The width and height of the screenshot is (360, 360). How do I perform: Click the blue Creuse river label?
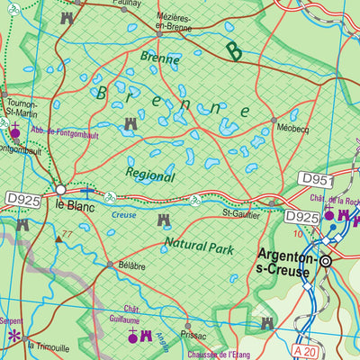click(x=123, y=215)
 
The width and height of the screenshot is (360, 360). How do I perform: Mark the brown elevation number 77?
click(x=67, y=236)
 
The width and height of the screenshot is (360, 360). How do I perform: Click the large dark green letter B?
click(x=234, y=52)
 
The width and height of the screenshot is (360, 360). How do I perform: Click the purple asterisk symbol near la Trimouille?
click(x=13, y=337)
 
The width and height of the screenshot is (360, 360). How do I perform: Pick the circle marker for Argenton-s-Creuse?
click(x=326, y=261)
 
